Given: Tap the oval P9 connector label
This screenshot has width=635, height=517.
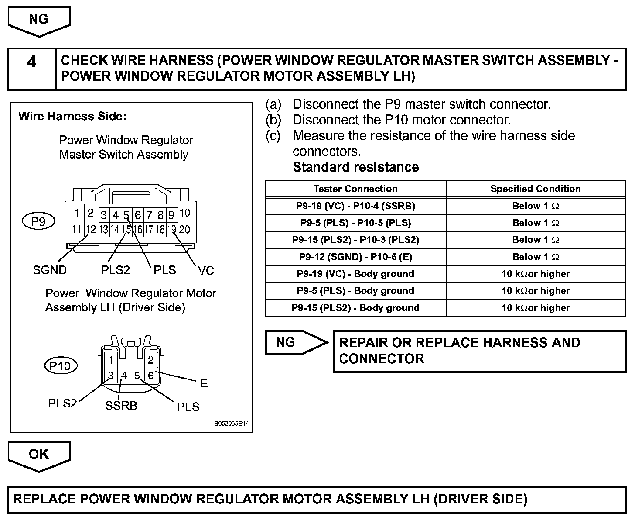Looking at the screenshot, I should [38, 221].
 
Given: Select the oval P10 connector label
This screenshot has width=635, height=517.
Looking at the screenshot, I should [61, 365].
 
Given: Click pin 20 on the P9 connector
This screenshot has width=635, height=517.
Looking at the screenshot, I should [184, 229].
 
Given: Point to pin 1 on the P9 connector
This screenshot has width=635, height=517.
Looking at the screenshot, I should [77, 213].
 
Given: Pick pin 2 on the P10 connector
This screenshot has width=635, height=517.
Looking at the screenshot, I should [150, 360].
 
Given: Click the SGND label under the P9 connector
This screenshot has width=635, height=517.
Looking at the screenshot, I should [50, 270].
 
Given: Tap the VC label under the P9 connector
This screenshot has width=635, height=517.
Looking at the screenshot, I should [206, 271].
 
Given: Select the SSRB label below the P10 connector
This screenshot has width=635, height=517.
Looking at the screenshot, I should [121, 406].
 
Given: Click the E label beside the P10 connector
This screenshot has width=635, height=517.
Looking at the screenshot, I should [204, 383].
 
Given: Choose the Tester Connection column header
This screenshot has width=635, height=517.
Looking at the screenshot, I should [355, 189].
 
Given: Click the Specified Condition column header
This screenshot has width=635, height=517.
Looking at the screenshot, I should [536, 189].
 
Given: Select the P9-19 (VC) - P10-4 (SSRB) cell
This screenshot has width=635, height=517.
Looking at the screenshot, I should [355, 206].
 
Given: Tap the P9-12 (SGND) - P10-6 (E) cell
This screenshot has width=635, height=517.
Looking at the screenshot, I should [355, 257].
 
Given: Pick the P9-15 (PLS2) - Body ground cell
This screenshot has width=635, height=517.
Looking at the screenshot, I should [355, 308].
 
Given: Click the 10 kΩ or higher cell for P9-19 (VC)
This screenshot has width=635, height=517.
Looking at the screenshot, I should [536, 274].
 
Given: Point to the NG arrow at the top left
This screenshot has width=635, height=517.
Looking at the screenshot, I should [39, 21].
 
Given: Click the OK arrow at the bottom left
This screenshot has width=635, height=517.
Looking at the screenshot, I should [39, 455].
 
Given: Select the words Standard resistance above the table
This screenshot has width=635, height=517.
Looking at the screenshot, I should [355, 167].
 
